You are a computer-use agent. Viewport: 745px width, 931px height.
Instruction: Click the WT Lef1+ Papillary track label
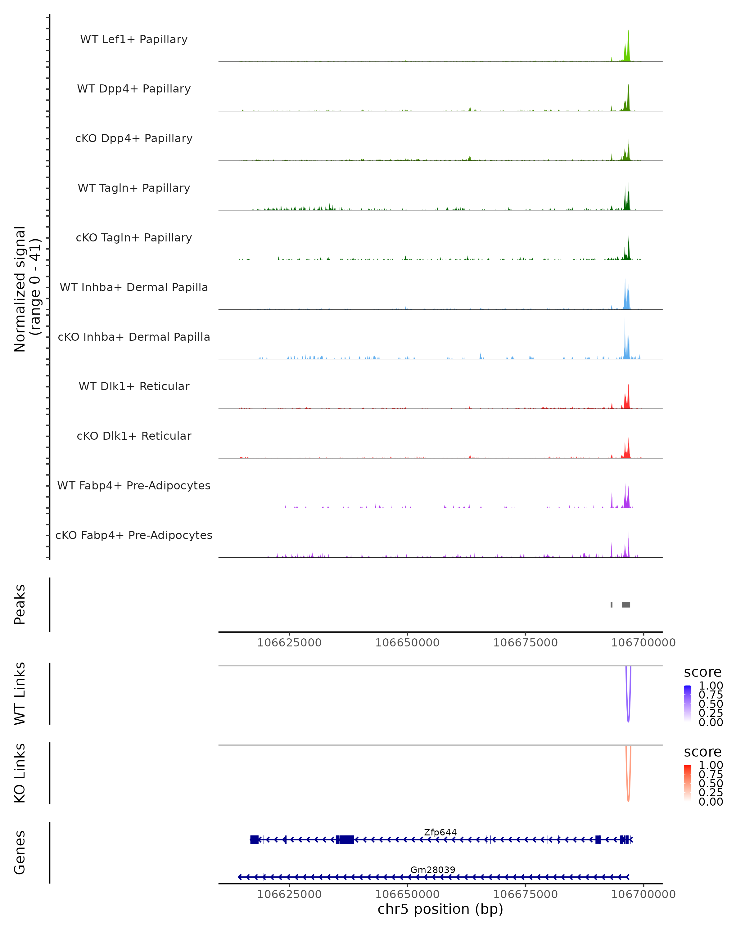tap(134, 39)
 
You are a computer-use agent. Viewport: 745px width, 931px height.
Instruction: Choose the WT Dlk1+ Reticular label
tap(134, 386)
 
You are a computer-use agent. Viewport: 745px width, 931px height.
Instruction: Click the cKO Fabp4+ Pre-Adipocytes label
tap(134, 535)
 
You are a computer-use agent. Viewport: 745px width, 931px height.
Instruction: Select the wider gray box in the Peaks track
tap(626, 605)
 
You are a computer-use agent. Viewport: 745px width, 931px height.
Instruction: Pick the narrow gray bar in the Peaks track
tap(612, 605)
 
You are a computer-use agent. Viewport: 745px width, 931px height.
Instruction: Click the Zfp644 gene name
tap(440, 832)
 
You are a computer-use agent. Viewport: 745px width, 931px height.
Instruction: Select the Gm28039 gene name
tap(433, 870)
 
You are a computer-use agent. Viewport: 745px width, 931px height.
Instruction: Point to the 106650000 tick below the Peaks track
tap(407, 643)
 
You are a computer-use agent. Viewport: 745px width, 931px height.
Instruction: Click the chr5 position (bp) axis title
tap(440, 909)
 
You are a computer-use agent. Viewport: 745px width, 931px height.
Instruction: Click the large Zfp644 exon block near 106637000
tap(346, 839)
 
